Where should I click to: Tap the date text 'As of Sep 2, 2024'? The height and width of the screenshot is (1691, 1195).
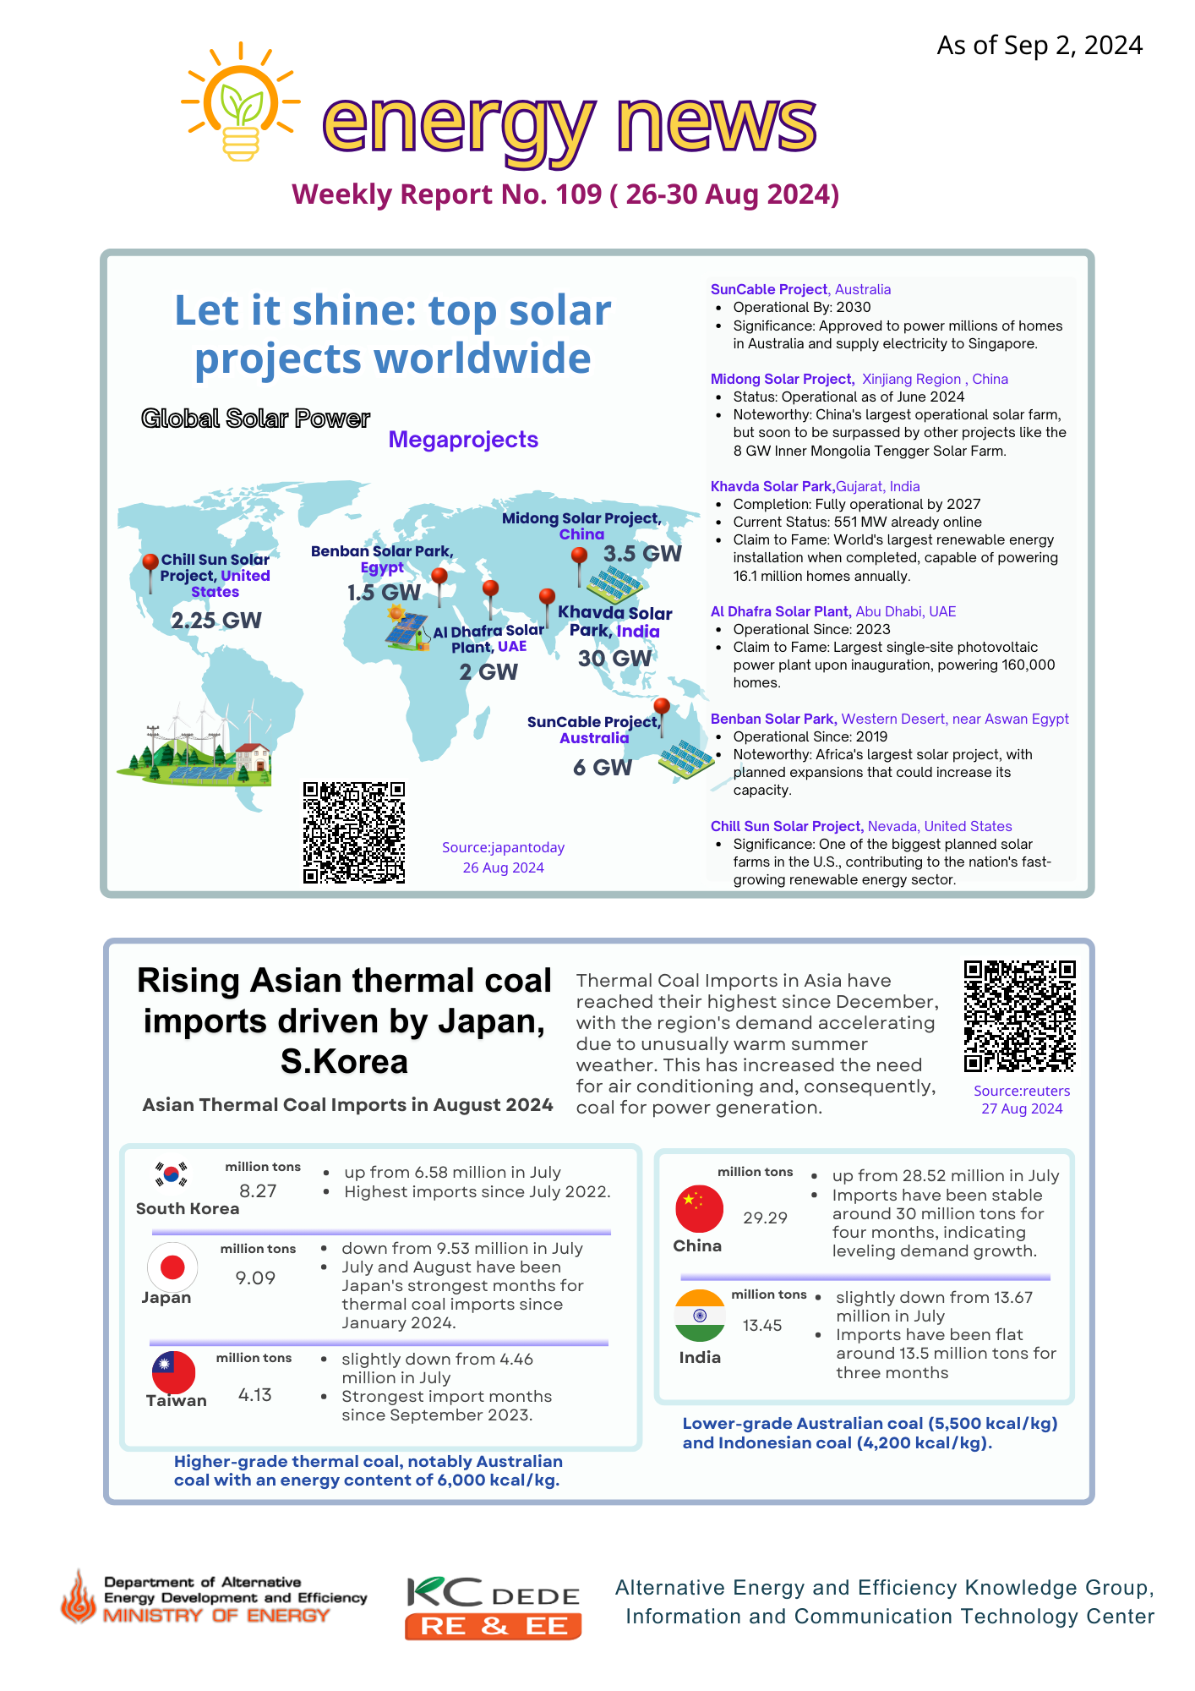coord(1039,46)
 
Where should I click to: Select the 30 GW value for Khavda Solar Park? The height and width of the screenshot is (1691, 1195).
coord(614,659)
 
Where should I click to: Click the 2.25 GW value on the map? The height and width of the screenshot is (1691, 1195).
coord(216,621)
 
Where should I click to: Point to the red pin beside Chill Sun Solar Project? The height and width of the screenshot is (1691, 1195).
coord(150,564)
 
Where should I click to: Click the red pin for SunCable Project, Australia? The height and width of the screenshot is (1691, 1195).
coord(662,707)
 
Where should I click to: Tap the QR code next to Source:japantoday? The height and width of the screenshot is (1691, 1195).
coord(354,833)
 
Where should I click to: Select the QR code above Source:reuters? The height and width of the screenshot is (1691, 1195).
coord(1020,1016)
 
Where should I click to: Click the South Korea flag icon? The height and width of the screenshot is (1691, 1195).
coord(172,1174)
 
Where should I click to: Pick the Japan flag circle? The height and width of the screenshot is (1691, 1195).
coord(172,1267)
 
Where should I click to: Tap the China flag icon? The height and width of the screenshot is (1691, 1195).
coord(699,1208)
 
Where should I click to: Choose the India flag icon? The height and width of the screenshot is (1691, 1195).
coord(700,1316)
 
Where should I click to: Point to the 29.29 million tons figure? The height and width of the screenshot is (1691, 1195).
coord(765,1218)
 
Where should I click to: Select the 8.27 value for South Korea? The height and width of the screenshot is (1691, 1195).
coord(258,1191)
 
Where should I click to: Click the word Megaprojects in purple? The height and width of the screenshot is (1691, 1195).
coord(463,440)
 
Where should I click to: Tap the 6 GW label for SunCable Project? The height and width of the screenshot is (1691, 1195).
coord(602,768)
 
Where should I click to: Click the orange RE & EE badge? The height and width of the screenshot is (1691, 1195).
coord(493,1626)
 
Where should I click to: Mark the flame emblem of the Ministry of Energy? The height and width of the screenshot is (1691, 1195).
coord(79,1597)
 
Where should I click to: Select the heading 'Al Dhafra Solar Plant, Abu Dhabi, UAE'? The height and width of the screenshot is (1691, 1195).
coord(832,611)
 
